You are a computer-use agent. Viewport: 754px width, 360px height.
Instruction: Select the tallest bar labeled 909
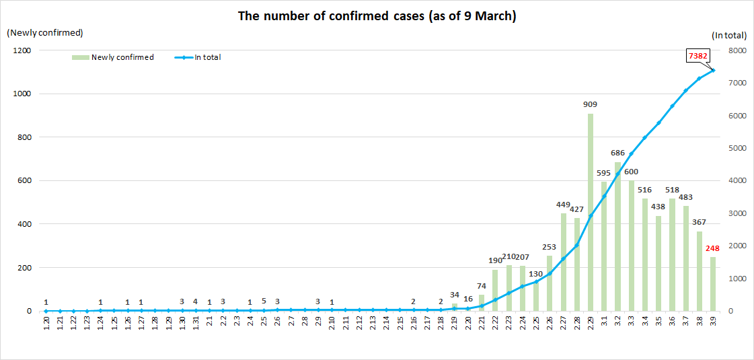click(x=591, y=212)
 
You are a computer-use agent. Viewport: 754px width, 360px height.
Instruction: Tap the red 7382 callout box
click(x=698, y=56)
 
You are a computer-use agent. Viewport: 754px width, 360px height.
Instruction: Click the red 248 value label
click(x=713, y=249)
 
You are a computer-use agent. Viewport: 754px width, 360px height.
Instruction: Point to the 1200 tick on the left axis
click(x=23, y=50)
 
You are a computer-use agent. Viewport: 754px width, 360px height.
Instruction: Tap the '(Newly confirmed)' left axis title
click(x=44, y=32)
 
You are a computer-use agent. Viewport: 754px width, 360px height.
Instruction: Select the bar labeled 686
click(x=617, y=236)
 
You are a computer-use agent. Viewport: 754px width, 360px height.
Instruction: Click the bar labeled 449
click(x=563, y=262)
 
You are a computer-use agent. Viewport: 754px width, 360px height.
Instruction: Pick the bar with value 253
click(x=550, y=283)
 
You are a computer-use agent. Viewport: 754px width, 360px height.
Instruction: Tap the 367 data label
click(x=700, y=223)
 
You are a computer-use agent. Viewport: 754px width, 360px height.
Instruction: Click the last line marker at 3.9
click(x=713, y=70)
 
